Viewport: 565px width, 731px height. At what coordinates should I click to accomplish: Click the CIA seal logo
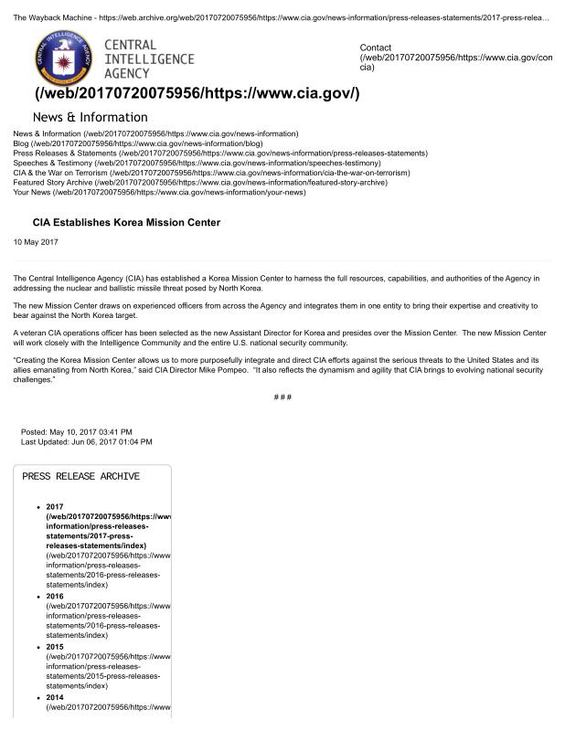click(x=62, y=58)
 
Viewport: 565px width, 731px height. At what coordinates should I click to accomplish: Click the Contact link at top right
click(x=376, y=48)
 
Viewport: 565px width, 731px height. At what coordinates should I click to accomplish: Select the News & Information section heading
click(x=90, y=117)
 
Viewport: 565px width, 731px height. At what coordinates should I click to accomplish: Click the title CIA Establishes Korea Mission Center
click(x=126, y=222)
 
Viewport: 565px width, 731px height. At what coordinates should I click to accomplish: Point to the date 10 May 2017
click(x=36, y=241)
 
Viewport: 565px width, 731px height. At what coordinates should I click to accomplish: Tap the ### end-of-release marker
click(x=282, y=397)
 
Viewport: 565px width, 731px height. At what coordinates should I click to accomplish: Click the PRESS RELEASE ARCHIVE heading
click(x=80, y=476)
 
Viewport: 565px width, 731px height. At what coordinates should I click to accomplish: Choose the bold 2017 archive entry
click(x=54, y=507)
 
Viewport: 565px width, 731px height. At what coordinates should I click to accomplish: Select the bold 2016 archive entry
click(x=54, y=596)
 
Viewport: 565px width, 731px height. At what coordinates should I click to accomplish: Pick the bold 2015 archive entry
click(x=54, y=646)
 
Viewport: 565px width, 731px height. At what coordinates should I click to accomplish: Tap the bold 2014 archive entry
click(x=54, y=696)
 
